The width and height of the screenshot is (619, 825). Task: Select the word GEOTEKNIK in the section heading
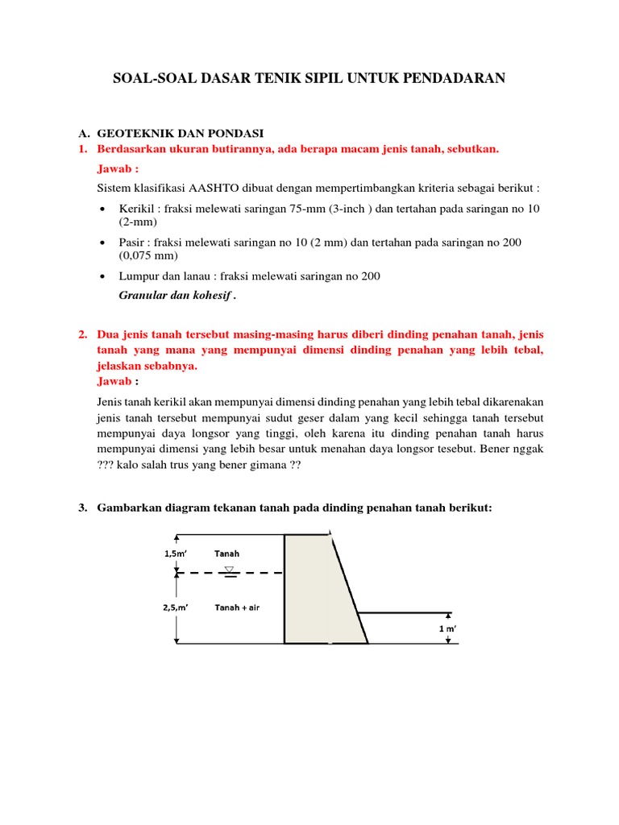(x=135, y=133)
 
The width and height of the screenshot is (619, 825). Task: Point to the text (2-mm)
(x=137, y=222)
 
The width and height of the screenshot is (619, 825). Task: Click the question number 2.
(x=82, y=334)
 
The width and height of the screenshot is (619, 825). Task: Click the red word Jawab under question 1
(x=116, y=169)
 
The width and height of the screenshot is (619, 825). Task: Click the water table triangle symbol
(x=230, y=569)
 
